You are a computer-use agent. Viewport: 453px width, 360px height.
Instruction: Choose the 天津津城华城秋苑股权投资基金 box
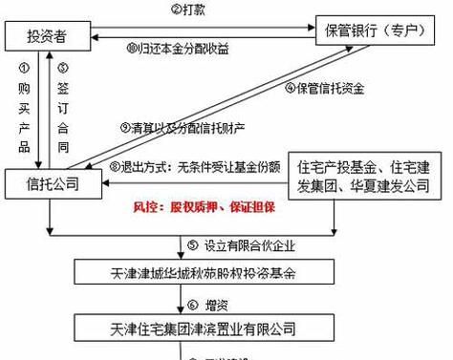202,272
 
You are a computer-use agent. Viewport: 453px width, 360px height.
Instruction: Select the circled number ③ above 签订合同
63,69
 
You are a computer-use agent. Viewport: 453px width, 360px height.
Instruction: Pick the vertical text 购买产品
26,110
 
